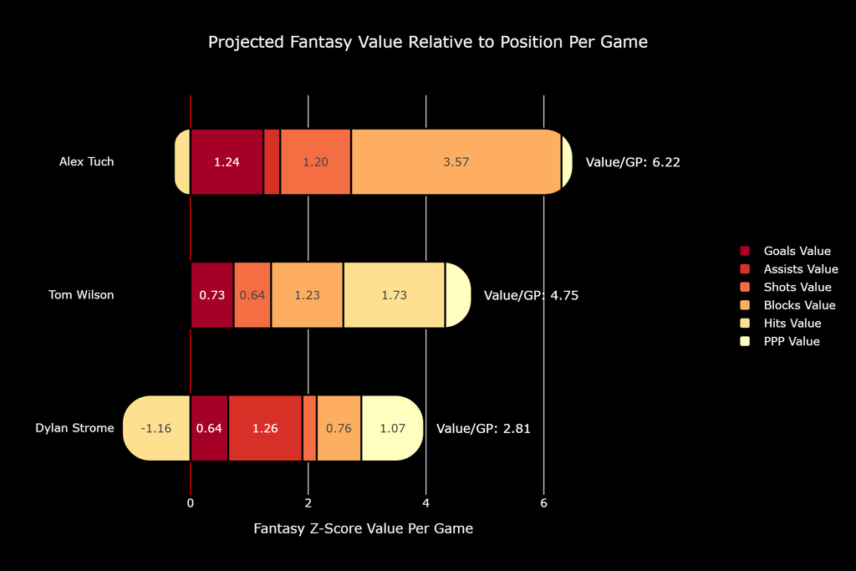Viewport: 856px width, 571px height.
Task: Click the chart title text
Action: click(427, 42)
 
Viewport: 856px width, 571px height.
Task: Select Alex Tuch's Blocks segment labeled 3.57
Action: click(456, 161)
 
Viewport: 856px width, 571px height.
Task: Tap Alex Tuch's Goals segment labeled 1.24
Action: click(227, 161)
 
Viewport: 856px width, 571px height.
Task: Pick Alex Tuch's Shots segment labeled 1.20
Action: click(315, 161)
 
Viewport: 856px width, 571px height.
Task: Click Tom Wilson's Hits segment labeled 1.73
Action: click(395, 295)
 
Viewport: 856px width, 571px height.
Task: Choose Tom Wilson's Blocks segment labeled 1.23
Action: click(307, 295)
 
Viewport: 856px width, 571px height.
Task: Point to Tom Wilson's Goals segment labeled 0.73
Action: click(211, 295)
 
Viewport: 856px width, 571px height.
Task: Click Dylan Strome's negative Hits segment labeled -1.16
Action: click(156, 428)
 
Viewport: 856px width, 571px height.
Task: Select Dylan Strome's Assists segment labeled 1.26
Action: click(265, 428)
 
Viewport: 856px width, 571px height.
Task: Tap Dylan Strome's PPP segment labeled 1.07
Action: click(393, 428)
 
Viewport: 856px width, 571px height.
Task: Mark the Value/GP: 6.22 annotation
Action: click(633, 162)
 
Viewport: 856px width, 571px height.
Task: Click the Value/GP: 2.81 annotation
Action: click(483, 429)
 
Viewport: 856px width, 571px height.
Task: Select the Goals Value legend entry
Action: click(786, 251)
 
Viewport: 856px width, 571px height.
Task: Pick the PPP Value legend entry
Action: click(780, 341)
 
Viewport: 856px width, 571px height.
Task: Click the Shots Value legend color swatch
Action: click(745, 287)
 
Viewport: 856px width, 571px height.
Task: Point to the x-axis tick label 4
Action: click(425, 502)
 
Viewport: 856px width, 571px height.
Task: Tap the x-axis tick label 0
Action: click(190, 502)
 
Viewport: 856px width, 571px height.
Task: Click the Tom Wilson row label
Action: click(81, 295)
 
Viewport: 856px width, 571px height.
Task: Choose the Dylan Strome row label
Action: click(74, 428)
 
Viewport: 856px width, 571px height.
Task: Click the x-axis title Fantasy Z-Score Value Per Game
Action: click(363, 528)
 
